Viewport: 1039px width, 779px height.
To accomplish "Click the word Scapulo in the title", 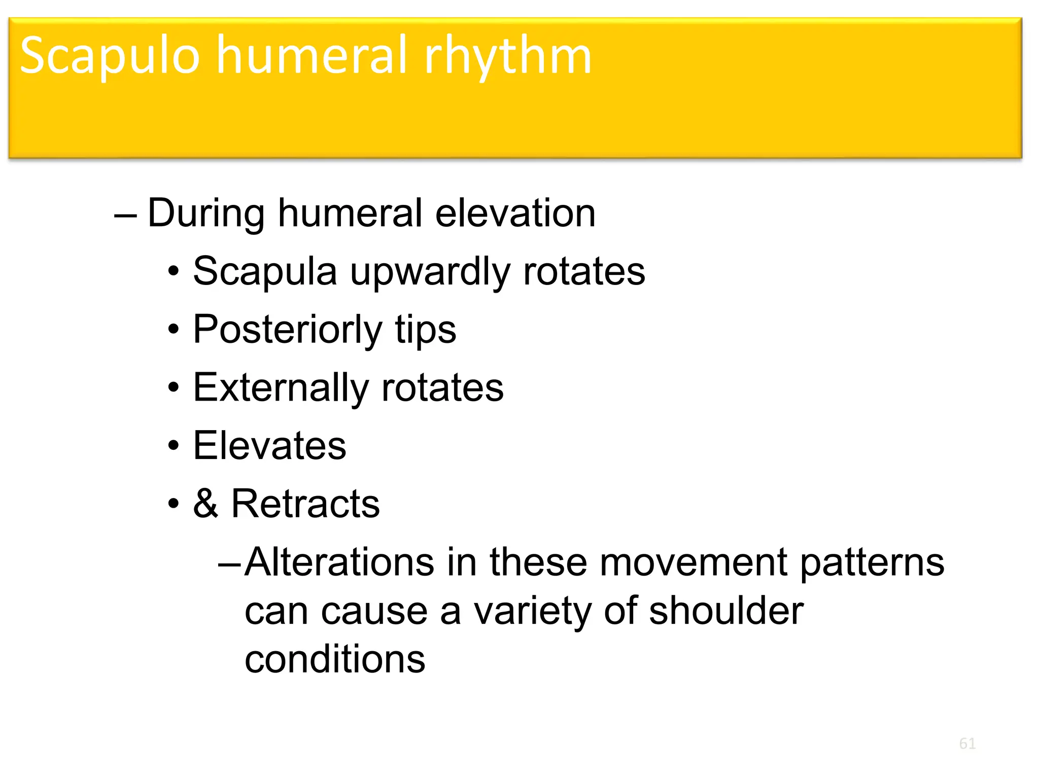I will tap(110, 56).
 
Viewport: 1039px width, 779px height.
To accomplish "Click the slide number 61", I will tap(967, 743).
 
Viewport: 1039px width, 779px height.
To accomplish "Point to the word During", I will tap(206, 214).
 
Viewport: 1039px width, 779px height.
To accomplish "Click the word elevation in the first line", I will tap(515, 214).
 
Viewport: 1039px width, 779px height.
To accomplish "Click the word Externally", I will tap(281, 388).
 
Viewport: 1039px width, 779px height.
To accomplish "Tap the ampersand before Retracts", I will tap(205, 504).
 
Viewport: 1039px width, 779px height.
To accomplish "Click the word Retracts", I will tap(305, 504).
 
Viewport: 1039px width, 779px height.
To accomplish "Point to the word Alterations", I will tap(339, 562).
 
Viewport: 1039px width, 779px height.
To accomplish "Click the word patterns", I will tap(872, 562).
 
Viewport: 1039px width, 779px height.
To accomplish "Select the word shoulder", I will tap(726, 611).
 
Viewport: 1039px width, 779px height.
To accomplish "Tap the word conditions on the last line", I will tap(335, 659).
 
